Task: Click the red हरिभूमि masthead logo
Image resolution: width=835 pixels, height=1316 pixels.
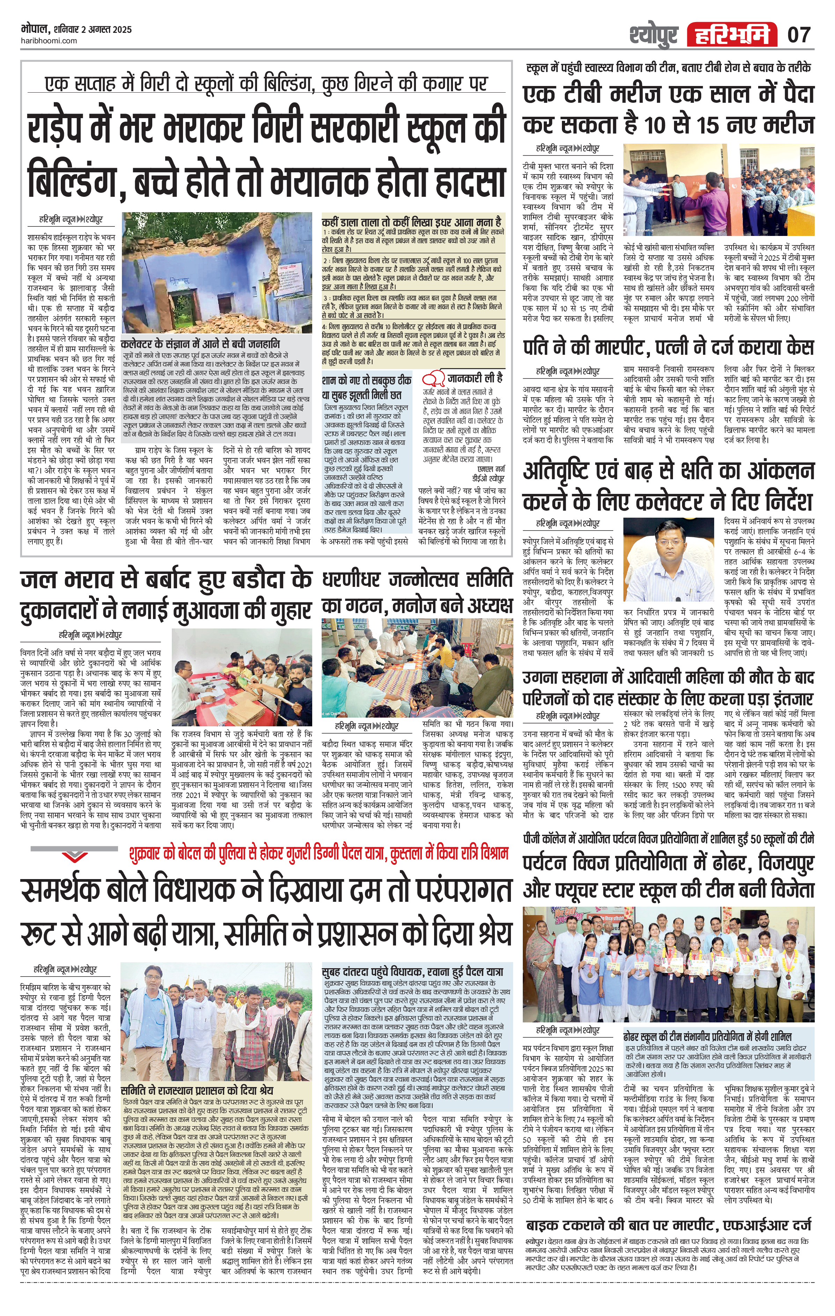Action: point(732,35)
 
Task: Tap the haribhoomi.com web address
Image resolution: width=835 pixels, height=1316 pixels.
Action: point(50,41)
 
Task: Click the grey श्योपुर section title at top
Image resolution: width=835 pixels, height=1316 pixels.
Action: point(653,35)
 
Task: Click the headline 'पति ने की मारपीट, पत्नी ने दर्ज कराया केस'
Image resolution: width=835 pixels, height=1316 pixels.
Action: point(668,347)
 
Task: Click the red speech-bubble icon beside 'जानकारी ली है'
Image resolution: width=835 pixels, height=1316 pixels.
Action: point(433,377)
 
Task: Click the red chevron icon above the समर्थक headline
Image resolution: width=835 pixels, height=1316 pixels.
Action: point(74,855)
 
